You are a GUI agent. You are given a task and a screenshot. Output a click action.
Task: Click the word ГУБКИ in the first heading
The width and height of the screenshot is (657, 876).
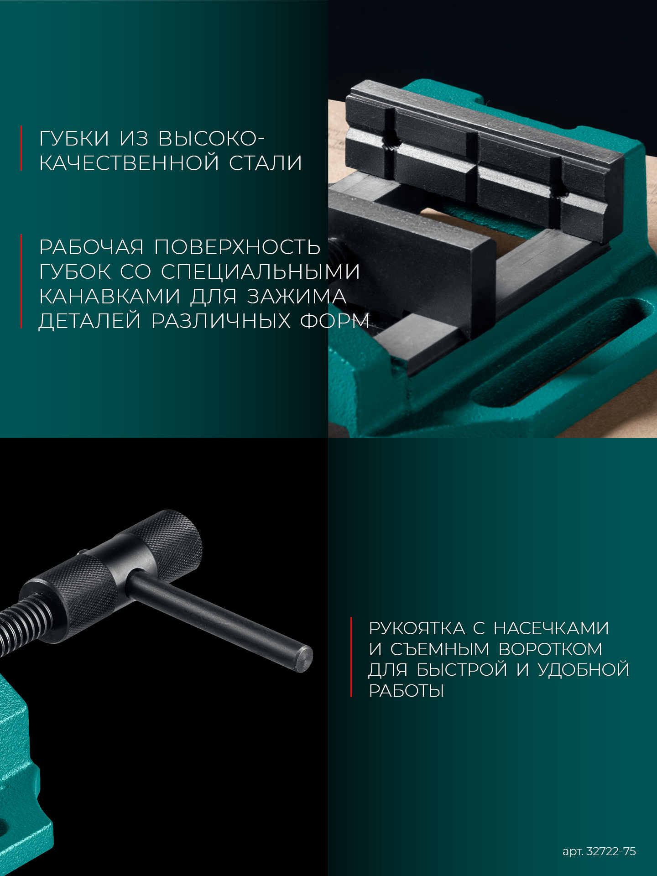click(74, 139)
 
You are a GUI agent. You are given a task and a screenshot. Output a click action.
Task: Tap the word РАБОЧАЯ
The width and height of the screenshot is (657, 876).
click(91, 247)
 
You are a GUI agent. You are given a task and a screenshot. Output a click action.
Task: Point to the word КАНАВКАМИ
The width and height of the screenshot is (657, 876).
click(109, 297)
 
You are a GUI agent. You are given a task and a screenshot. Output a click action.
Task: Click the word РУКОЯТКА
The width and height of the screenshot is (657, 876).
click(417, 628)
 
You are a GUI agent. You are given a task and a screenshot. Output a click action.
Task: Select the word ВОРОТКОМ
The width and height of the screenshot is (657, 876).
click(550, 649)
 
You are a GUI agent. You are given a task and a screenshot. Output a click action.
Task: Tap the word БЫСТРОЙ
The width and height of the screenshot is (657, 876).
click(462, 670)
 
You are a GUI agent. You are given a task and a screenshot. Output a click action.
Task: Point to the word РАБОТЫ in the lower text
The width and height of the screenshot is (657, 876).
click(406, 691)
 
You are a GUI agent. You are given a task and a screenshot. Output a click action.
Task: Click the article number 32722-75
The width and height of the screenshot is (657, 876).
click(611, 851)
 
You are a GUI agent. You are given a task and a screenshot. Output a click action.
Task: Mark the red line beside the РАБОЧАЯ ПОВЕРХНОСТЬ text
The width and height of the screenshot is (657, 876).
click(21, 282)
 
